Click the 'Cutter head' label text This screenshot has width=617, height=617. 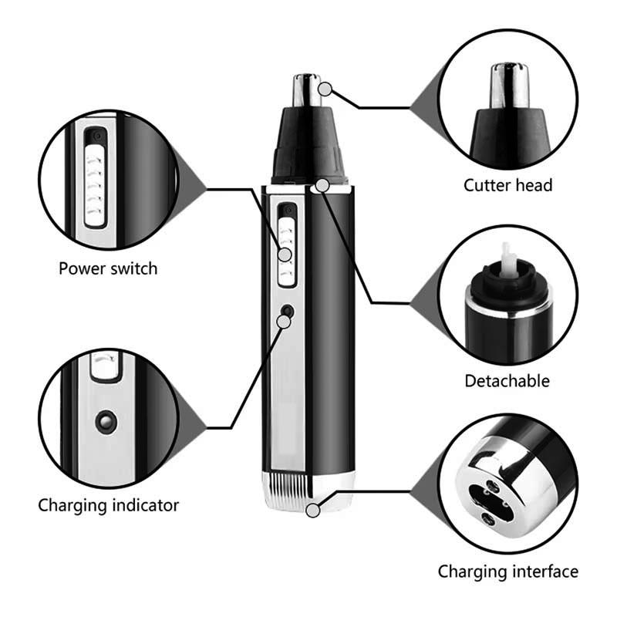point(507,185)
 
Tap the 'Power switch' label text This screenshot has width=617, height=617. point(108,268)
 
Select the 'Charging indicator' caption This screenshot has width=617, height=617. point(109,505)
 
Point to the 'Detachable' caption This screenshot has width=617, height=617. point(507,380)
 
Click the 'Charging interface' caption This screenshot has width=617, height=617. point(508,571)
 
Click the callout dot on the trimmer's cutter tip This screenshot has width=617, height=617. point(327,89)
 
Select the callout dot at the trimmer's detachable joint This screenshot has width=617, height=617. point(322,184)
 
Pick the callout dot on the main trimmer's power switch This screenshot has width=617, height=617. point(285,254)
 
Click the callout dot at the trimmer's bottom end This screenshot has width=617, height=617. point(313,510)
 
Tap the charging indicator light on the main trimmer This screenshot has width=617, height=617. point(287,311)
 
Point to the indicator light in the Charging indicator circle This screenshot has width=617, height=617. point(103,420)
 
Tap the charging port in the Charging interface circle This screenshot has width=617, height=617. point(488,497)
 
